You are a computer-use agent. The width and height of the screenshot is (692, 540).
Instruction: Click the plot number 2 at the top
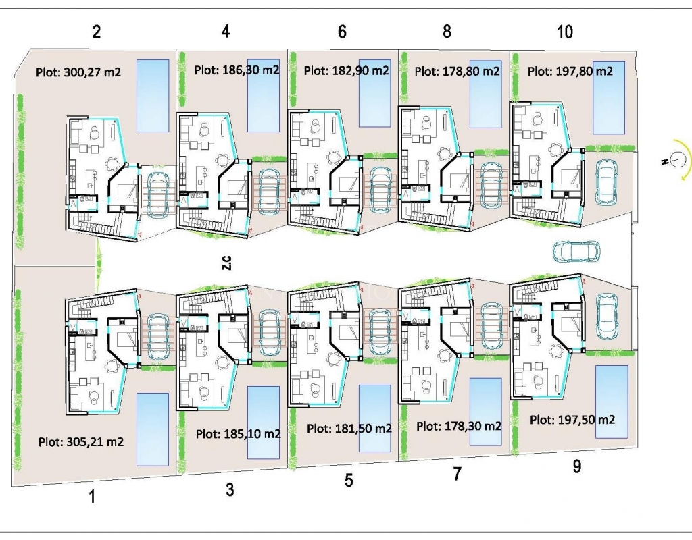pyautogui.click(x=97, y=32)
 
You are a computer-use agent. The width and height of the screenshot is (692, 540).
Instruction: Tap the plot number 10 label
pyautogui.click(x=565, y=32)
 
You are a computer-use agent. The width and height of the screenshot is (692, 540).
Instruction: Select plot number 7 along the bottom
pyautogui.click(x=458, y=473)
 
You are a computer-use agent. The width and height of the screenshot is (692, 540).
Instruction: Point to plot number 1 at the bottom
pyautogui.click(x=92, y=497)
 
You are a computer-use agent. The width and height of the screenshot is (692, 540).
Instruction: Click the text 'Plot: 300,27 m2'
pyautogui.click(x=78, y=72)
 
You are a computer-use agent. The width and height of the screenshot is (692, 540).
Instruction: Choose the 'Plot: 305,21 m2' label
pyautogui.click(x=81, y=441)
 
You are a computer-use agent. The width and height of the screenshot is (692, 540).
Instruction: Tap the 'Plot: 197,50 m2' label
pyautogui.click(x=572, y=420)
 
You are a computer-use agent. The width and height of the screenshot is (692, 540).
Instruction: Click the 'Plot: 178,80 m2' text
pyautogui.click(x=458, y=71)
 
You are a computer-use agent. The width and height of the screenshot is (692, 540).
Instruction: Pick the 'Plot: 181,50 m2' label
pyautogui.click(x=349, y=428)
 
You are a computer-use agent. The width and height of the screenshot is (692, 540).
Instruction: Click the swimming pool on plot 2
pyautogui.click(x=153, y=96)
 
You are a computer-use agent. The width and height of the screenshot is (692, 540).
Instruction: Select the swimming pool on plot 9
pyautogui.click(x=612, y=402)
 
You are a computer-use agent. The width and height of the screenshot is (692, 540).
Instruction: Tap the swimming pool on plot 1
pyautogui.click(x=153, y=429)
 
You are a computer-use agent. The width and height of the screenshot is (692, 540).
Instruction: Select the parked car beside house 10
pyautogui.click(x=606, y=182)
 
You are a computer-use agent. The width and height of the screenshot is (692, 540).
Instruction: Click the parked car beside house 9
pyautogui.click(x=606, y=316)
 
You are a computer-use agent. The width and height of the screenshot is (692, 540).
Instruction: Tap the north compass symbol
pyautogui.click(x=677, y=159)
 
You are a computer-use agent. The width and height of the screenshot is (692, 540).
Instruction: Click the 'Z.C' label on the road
pyautogui.click(x=227, y=263)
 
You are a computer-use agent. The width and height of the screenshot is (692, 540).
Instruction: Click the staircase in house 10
pyautogui.click(x=549, y=213)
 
